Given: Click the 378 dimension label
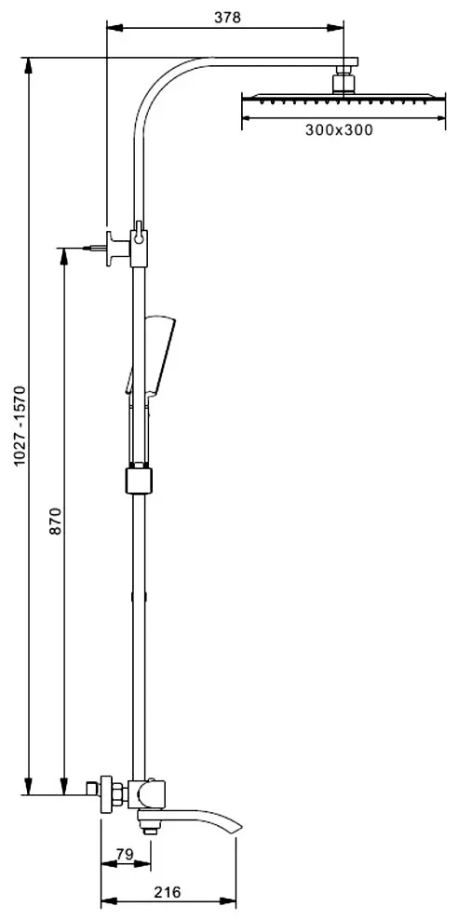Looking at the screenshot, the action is click(x=227, y=18).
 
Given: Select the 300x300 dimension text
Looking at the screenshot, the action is click(x=338, y=130).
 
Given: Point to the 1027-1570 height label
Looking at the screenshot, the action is click(x=20, y=426).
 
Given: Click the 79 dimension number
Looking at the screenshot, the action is click(x=125, y=854).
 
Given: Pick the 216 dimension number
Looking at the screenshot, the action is click(x=168, y=892).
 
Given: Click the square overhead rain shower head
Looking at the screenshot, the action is click(x=343, y=97).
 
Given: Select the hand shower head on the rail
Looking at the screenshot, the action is click(x=152, y=355).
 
